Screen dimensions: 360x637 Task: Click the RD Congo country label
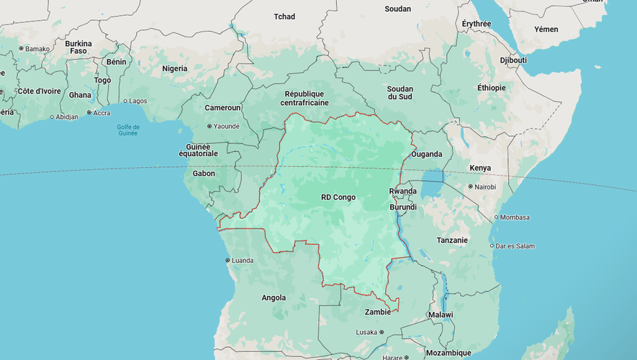338,197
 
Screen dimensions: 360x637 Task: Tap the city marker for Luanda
227,260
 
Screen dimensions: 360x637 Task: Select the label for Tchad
284,17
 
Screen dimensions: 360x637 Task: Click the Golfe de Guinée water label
127,130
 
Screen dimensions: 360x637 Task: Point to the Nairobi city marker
471,186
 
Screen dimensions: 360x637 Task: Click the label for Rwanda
402,191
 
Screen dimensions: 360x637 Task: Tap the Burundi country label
403,207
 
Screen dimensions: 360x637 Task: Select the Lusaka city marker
381,332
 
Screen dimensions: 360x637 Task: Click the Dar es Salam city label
515,246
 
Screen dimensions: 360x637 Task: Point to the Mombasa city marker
496,217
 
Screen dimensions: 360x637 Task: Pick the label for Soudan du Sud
399,92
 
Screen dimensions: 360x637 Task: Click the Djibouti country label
513,60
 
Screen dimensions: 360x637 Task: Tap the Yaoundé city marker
209,126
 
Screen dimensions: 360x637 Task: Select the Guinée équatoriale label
197,150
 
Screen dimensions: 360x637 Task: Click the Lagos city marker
125,101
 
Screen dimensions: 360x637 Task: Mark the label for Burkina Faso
78,48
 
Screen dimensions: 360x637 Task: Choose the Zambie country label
378,312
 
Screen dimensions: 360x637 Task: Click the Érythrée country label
476,24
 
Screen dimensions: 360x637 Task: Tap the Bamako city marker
21,48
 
